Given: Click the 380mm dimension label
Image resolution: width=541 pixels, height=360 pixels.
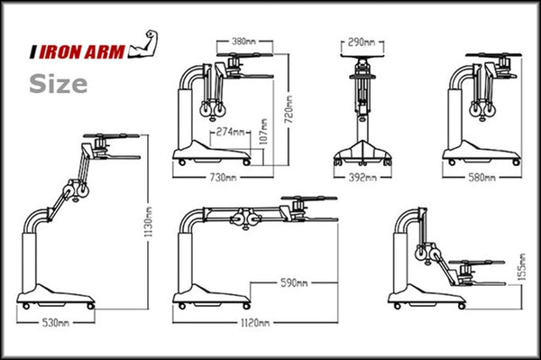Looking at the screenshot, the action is click(x=243, y=42).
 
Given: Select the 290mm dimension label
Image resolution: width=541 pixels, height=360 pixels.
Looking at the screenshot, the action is click(x=362, y=42).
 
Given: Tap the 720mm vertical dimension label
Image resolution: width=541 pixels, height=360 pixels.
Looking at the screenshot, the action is click(x=289, y=109).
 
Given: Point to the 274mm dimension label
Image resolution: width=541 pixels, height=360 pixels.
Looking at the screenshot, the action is click(x=230, y=132).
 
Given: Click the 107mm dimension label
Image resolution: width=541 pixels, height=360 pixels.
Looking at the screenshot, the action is click(x=263, y=131).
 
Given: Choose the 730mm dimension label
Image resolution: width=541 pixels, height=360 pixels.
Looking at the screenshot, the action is click(x=224, y=178).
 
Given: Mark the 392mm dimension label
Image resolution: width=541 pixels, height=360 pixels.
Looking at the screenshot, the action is click(x=362, y=178).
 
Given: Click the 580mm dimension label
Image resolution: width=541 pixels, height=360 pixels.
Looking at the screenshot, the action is click(x=482, y=178).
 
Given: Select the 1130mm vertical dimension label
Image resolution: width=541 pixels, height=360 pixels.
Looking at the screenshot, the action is click(x=149, y=222).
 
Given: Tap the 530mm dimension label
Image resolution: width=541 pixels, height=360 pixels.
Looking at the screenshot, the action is click(x=56, y=323).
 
